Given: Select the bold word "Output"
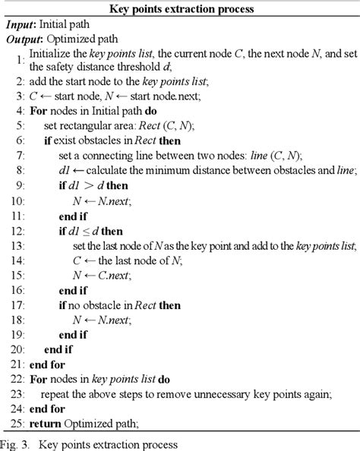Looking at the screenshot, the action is click(x=25, y=39).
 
